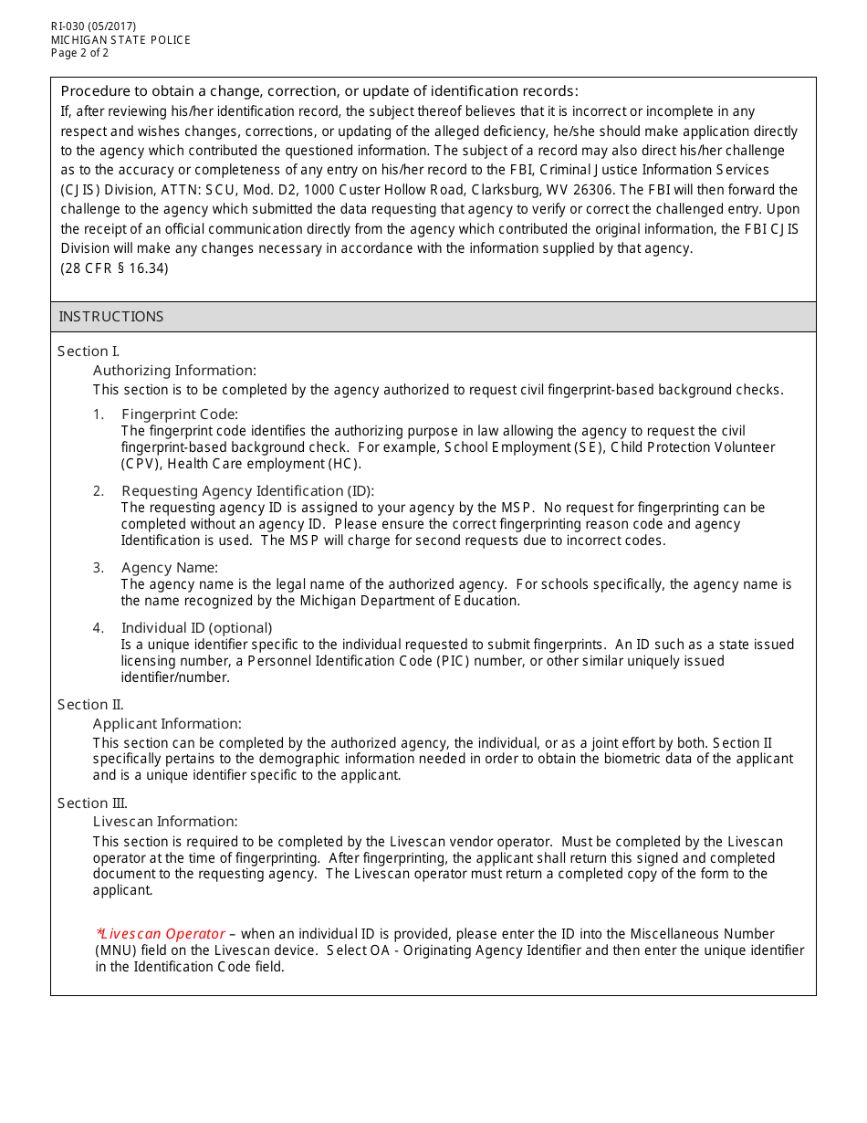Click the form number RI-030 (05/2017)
(93, 26)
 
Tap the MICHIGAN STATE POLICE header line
(120, 40)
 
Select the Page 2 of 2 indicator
(79, 53)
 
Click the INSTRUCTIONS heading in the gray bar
(111, 317)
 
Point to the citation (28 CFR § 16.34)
(114, 268)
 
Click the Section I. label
(89, 352)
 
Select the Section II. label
(90, 705)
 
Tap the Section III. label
(92, 803)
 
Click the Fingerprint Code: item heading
(179, 415)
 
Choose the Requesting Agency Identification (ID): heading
(247, 491)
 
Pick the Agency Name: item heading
(170, 568)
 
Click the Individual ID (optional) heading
(196, 628)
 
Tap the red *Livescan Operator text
(161, 934)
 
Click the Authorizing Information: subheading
(174, 371)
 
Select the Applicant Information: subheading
(167, 724)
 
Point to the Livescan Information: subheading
(165, 822)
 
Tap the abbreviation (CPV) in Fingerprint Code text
(140, 464)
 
